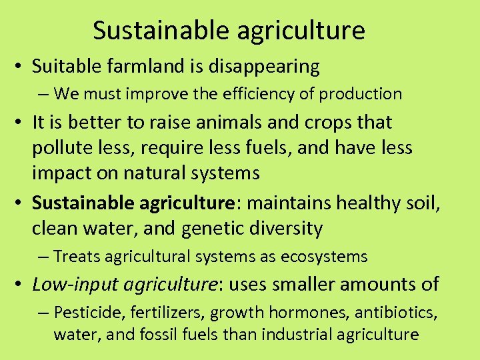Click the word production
[x=361, y=95]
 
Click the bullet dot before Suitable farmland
[x=20, y=67]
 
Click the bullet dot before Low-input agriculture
[x=20, y=285]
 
